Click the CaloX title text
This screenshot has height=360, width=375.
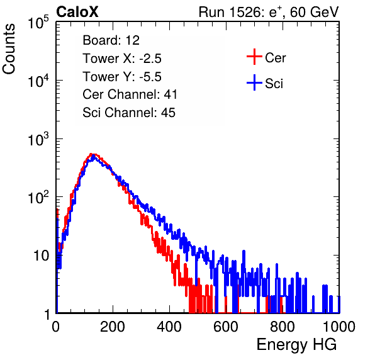click(x=77, y=12)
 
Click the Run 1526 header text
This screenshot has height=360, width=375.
click(x=269, y=12)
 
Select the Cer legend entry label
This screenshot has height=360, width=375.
click(x=275, y=58)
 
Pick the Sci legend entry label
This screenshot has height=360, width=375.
click(x=274, y=84)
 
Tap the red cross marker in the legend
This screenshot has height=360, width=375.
click(x=254, y=57)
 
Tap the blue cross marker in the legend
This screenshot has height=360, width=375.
click(x=254, y=82)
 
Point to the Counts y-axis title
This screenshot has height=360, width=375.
click(x=9, y=49)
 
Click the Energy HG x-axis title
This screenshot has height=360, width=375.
click(x=296, y=345)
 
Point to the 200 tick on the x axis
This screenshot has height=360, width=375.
click(x=113, y=327)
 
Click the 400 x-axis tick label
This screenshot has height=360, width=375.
click(x=169, y=327)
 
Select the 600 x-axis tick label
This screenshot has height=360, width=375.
click(x=226, y=327)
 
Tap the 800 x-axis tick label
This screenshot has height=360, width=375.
click(x=283, y=327)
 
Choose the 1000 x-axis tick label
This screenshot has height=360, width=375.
click(x=339, y=327)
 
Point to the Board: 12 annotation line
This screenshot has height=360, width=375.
click(x=111, y=40)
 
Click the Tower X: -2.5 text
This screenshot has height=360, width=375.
click(x=122, y=59)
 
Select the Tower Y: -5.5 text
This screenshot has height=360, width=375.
click(x=122, y=77)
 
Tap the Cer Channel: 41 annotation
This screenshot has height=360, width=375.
click(x=130, y=94)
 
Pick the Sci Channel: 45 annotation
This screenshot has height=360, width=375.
click(x=129, y=113)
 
